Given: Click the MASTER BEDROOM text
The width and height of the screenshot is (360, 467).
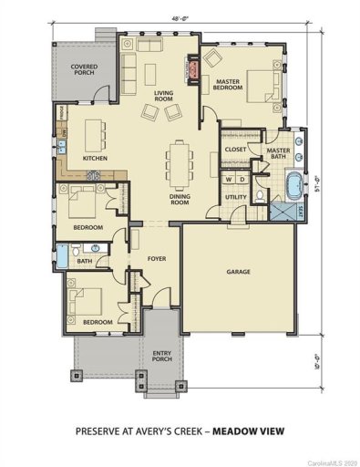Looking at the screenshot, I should coord(229,86).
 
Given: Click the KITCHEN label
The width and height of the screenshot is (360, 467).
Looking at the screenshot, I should coord(96,159).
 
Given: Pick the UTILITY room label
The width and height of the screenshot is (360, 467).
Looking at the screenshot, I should coord(237,196).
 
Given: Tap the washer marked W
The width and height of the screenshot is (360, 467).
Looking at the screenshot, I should coord(230,179).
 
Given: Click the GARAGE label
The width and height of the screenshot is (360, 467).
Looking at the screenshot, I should coord(239,272).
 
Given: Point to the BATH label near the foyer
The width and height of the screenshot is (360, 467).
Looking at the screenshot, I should coord(85,262).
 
